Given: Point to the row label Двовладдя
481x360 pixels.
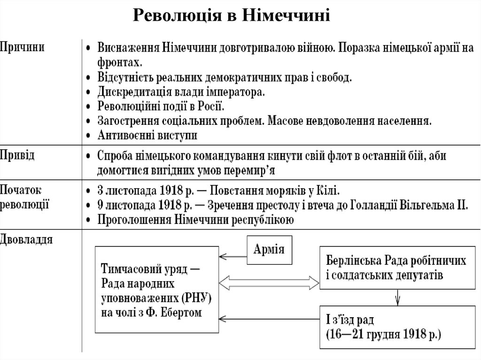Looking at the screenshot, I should tap(27, 240).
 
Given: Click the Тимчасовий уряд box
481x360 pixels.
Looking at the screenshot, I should tap(158, 291).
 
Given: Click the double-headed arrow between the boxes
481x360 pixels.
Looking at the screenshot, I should tap(269, 283).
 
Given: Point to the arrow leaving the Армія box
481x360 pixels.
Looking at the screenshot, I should tap(233, 256).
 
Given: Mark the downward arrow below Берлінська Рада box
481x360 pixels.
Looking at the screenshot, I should tap(398, 297).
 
